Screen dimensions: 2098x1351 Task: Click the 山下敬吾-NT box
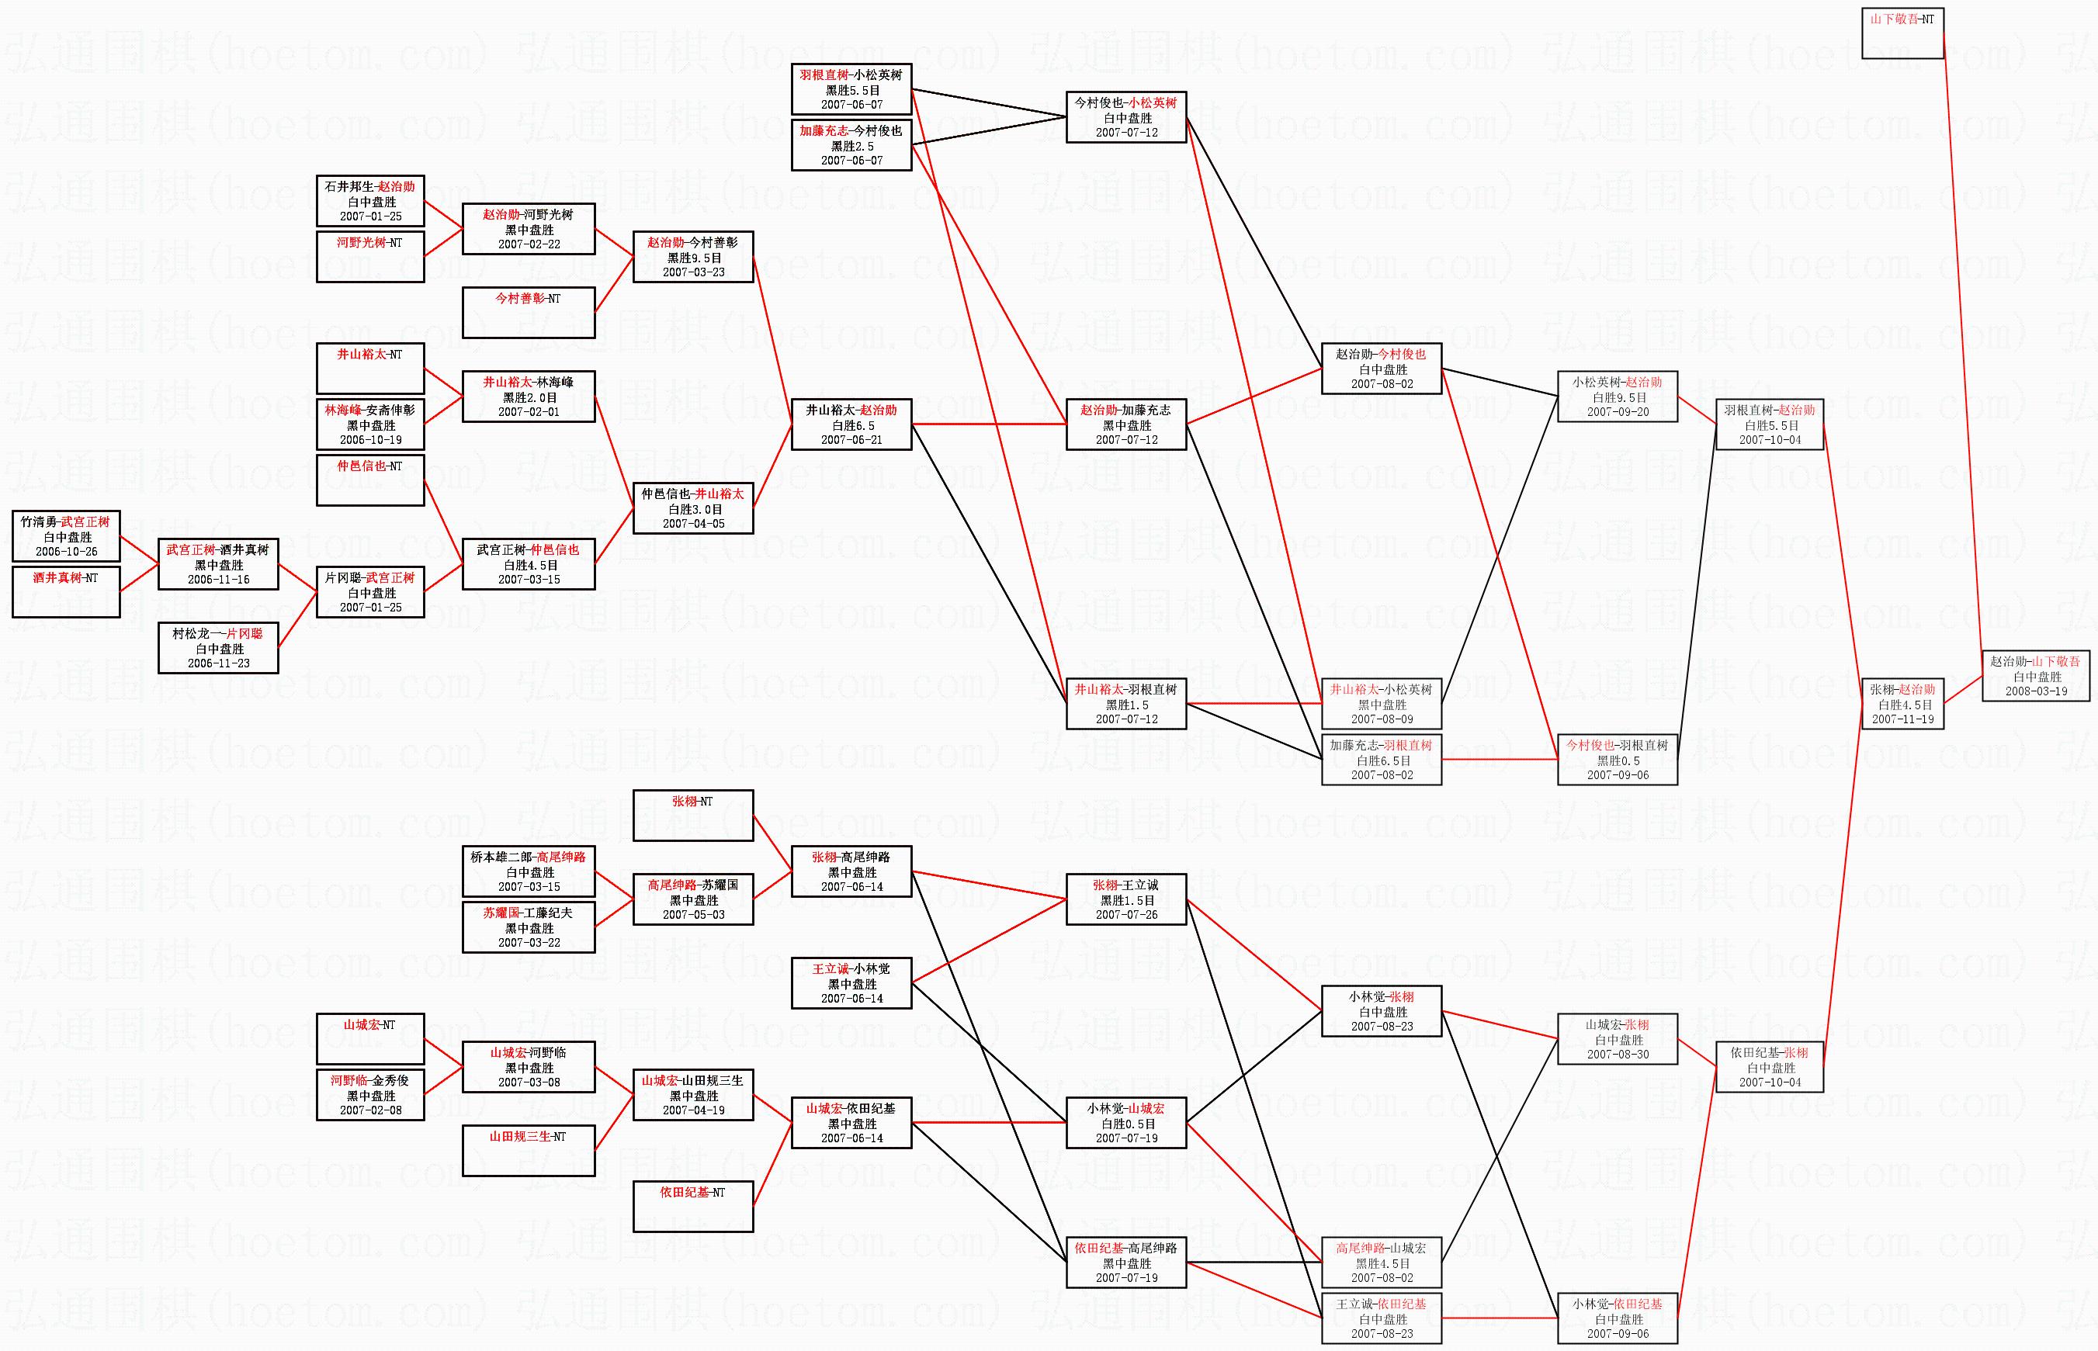(x=1902, y=33)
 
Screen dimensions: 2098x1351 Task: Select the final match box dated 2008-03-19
(x=2036, y=677)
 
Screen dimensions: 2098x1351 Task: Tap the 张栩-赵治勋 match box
(x=1902, y=704)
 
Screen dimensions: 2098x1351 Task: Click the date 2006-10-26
(x=66, y=552)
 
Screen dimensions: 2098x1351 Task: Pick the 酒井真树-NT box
(x=66, y=592)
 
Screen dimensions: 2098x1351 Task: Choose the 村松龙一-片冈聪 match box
(x=218, y=648)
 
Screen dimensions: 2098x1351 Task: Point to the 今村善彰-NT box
(x=529, y=312)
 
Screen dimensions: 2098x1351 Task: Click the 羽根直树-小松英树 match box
(x=851, y=89)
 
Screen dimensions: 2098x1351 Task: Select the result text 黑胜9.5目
(x=693, y=258)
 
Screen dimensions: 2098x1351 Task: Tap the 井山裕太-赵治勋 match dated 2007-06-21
(x=851, y=424)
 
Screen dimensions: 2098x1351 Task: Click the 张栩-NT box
(x=692, y=816)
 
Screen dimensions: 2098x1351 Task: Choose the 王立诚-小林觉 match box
(x=851, y=983)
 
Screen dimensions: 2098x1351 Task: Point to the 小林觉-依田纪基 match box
(x=1617, y=1318)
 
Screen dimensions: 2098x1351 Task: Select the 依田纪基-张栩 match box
(x=1769, y=1067)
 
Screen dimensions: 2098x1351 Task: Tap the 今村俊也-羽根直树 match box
(x=1617, y=760)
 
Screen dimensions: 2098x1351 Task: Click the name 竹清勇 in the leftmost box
(x=39, y=522)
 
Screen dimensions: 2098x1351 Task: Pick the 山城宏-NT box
(x=370, y=1039)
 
